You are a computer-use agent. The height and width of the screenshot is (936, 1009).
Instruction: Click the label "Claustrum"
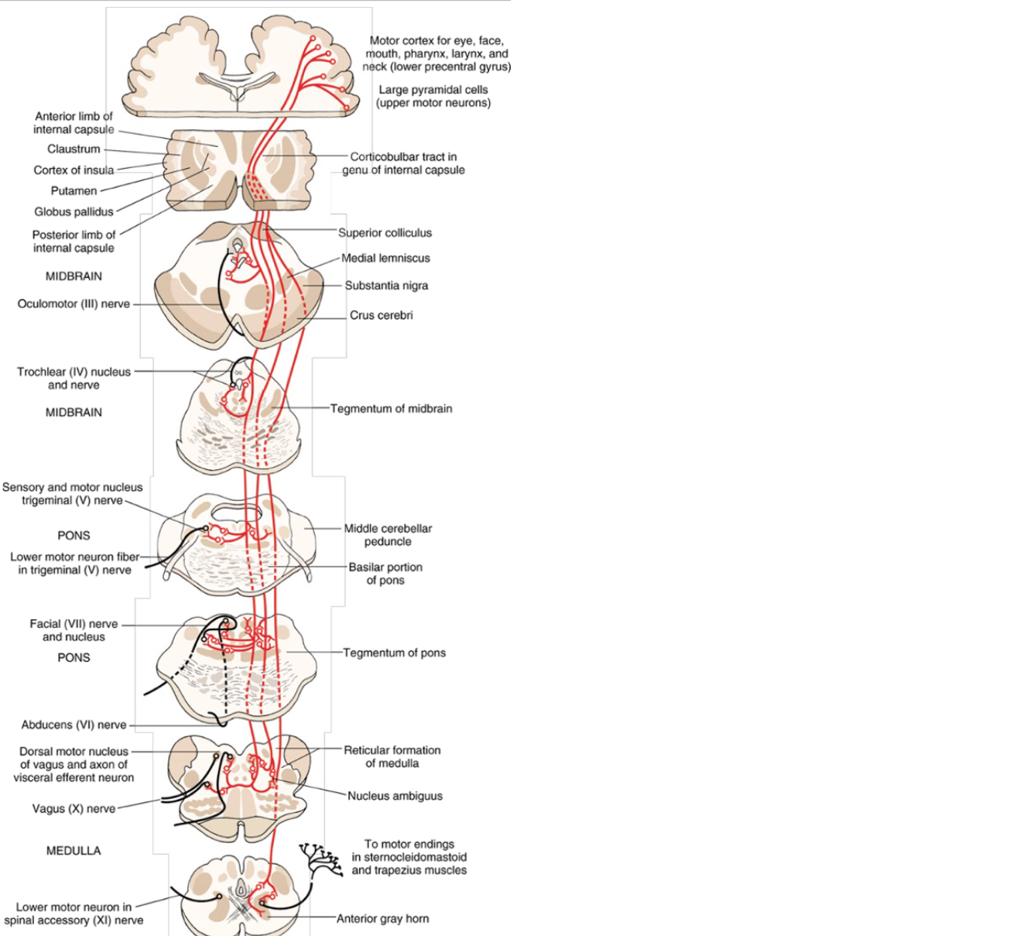click(74, 149)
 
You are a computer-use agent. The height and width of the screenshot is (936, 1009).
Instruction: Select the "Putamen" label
click(74, 190)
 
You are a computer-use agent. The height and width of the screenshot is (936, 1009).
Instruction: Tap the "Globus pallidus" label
click(74, 211)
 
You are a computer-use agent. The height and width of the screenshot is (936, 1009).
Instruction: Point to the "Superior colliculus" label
click(385, 232)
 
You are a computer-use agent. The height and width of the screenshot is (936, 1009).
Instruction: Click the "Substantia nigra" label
click(386, 285)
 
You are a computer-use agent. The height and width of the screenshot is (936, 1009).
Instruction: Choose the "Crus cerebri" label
click(381, 315)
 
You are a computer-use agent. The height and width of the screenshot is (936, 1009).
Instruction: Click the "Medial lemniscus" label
click(385, 258)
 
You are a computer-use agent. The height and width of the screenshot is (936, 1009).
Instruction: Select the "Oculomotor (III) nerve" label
click(74, 303)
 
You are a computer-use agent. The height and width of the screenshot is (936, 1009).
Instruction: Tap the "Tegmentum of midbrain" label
click(391, 408)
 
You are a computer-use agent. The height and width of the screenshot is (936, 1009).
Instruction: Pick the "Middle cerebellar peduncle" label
click(388, 535)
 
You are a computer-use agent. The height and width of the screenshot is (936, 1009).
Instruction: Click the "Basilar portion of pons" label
click(385, 574)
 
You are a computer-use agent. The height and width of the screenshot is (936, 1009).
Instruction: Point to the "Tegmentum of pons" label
click(394, 653)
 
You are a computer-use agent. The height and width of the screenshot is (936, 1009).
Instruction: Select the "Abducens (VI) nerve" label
click(74, 725)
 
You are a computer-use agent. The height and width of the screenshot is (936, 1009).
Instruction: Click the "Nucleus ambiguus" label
click(395, 795)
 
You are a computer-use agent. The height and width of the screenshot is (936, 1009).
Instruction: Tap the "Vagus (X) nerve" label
click(74, 808)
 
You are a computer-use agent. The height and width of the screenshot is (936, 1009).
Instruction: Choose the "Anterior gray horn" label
click(382, 918)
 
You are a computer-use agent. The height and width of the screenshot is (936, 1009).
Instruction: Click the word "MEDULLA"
click(74, 850)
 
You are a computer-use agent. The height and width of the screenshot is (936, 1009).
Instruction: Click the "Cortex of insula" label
click(74, 170)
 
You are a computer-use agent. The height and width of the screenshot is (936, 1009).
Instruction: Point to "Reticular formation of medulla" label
click(392, 756)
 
